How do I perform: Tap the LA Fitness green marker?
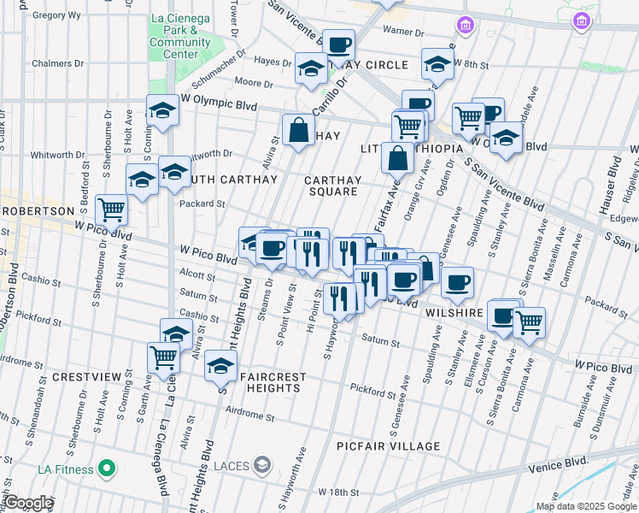tap(107, 469)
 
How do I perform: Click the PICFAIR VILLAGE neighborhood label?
tap(388, 446)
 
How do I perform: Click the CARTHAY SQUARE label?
tap(333, 186)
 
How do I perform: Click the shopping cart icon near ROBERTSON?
tap(111, 208)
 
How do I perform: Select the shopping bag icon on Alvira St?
tap(299, 131)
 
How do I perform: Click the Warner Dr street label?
tap(402, 32)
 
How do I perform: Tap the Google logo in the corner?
tap(27, 503)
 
